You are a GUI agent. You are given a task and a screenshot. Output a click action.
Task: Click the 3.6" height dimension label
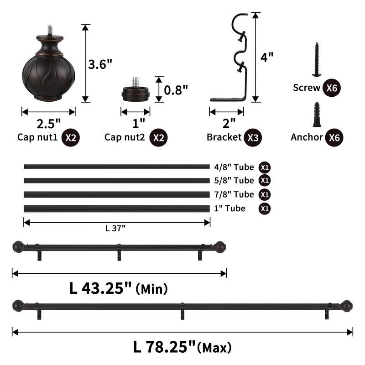100,64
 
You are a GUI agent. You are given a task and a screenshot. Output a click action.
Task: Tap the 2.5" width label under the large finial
48,123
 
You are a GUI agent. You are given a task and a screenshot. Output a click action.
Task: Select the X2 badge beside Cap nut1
70,137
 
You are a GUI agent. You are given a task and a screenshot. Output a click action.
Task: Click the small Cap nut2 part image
136,91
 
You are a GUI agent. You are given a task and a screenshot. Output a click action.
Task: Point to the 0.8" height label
176,89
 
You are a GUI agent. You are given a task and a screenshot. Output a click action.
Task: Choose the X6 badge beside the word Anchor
334,137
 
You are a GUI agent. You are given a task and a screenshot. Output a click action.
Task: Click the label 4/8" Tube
234,167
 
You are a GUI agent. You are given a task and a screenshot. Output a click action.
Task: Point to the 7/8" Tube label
234,194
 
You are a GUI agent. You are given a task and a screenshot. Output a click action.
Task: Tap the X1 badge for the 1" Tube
264,209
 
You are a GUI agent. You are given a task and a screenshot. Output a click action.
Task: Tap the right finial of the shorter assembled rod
220,246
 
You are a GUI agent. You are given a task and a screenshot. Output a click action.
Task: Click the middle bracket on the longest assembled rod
182,310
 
